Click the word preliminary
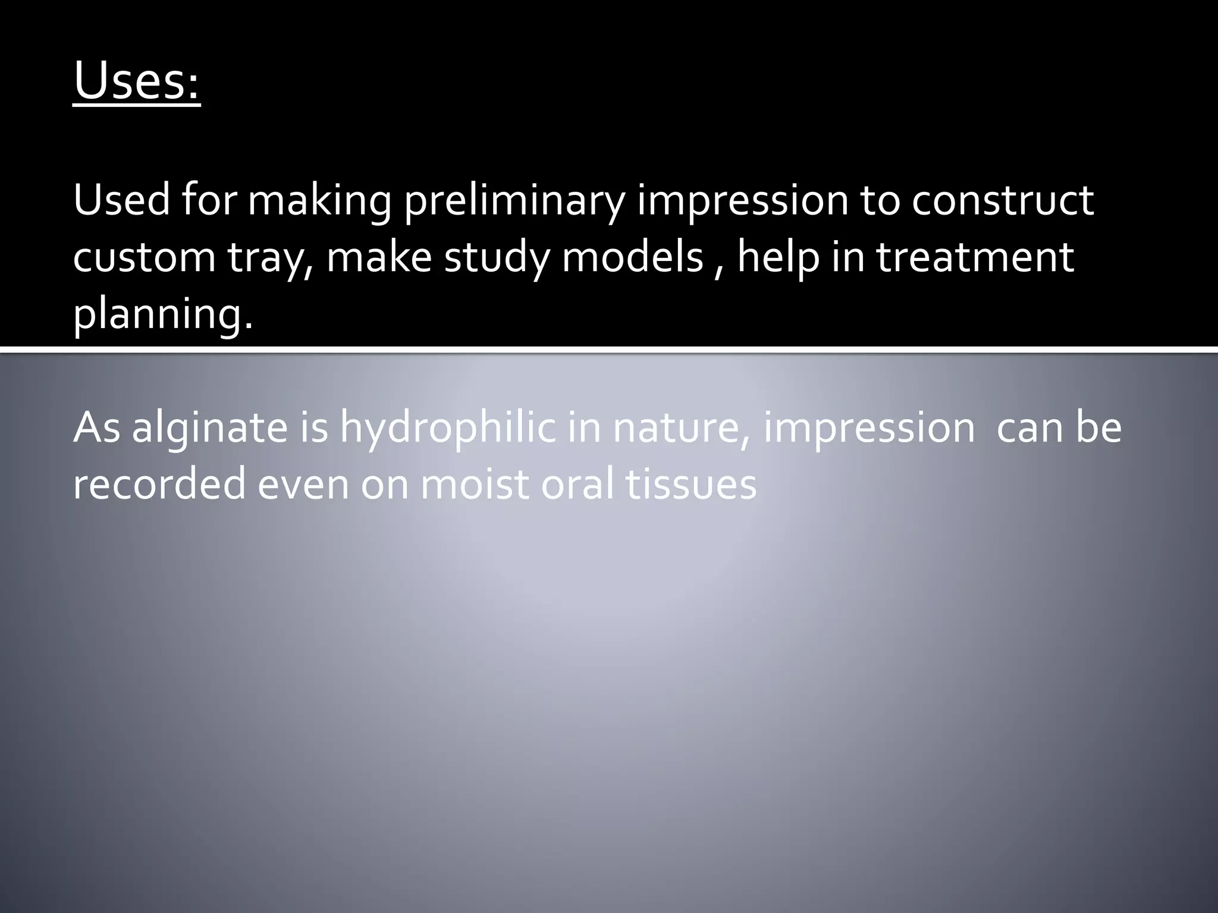(x=514, y=201)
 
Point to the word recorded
(x=159, y=484)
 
